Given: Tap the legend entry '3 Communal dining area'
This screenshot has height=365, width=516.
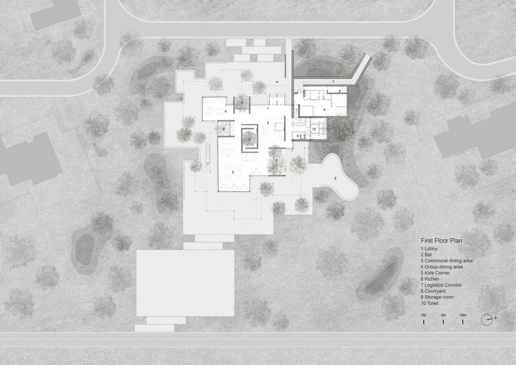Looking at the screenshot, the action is click(x=447, y=261).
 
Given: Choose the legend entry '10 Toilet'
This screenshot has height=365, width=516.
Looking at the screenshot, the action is click(x=430, y=303).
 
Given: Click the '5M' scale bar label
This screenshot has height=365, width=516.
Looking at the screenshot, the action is click(x=443, y=316).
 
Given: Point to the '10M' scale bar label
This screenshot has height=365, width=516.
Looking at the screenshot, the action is click(x=463, y=316).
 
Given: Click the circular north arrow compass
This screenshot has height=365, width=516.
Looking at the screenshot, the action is click(x=487, y=320).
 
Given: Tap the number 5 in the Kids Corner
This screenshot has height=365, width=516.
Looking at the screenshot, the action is click(x=335, y=178).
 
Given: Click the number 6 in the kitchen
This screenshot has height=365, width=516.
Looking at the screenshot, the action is click(x=324, y=109).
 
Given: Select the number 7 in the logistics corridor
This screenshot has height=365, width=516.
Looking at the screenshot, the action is click(x=333, y=81).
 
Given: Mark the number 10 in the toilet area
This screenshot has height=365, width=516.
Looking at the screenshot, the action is click(x=314, y=130).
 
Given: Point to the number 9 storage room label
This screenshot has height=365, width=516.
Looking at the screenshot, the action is click(x=297, y=136).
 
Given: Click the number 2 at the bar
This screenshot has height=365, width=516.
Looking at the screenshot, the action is click(x=268, y=123).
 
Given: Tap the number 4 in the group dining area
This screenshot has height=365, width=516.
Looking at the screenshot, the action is click(x=226, y=111).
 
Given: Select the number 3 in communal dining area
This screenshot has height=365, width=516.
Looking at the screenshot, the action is click(x=233, y=172).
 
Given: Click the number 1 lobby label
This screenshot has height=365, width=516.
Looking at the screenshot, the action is click(x=268, y=108).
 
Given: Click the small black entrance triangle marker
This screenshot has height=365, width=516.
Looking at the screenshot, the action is click(x=277, y=82).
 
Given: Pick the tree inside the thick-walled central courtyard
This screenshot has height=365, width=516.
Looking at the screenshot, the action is click(x=250, y=138).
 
